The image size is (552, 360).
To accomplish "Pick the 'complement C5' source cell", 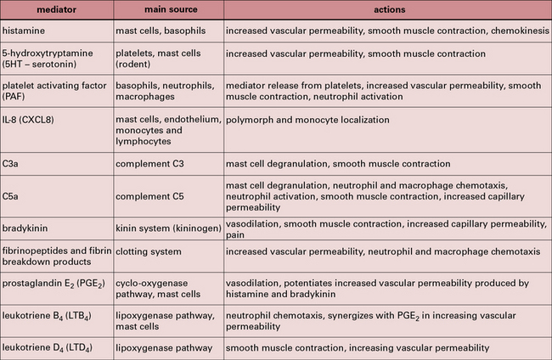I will coord(149,183).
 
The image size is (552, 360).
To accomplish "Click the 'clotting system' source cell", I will coord(149,252).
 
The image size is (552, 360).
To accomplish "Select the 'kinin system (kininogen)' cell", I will coord(166,225).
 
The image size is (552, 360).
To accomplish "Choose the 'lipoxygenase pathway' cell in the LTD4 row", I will coord(163,347).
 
